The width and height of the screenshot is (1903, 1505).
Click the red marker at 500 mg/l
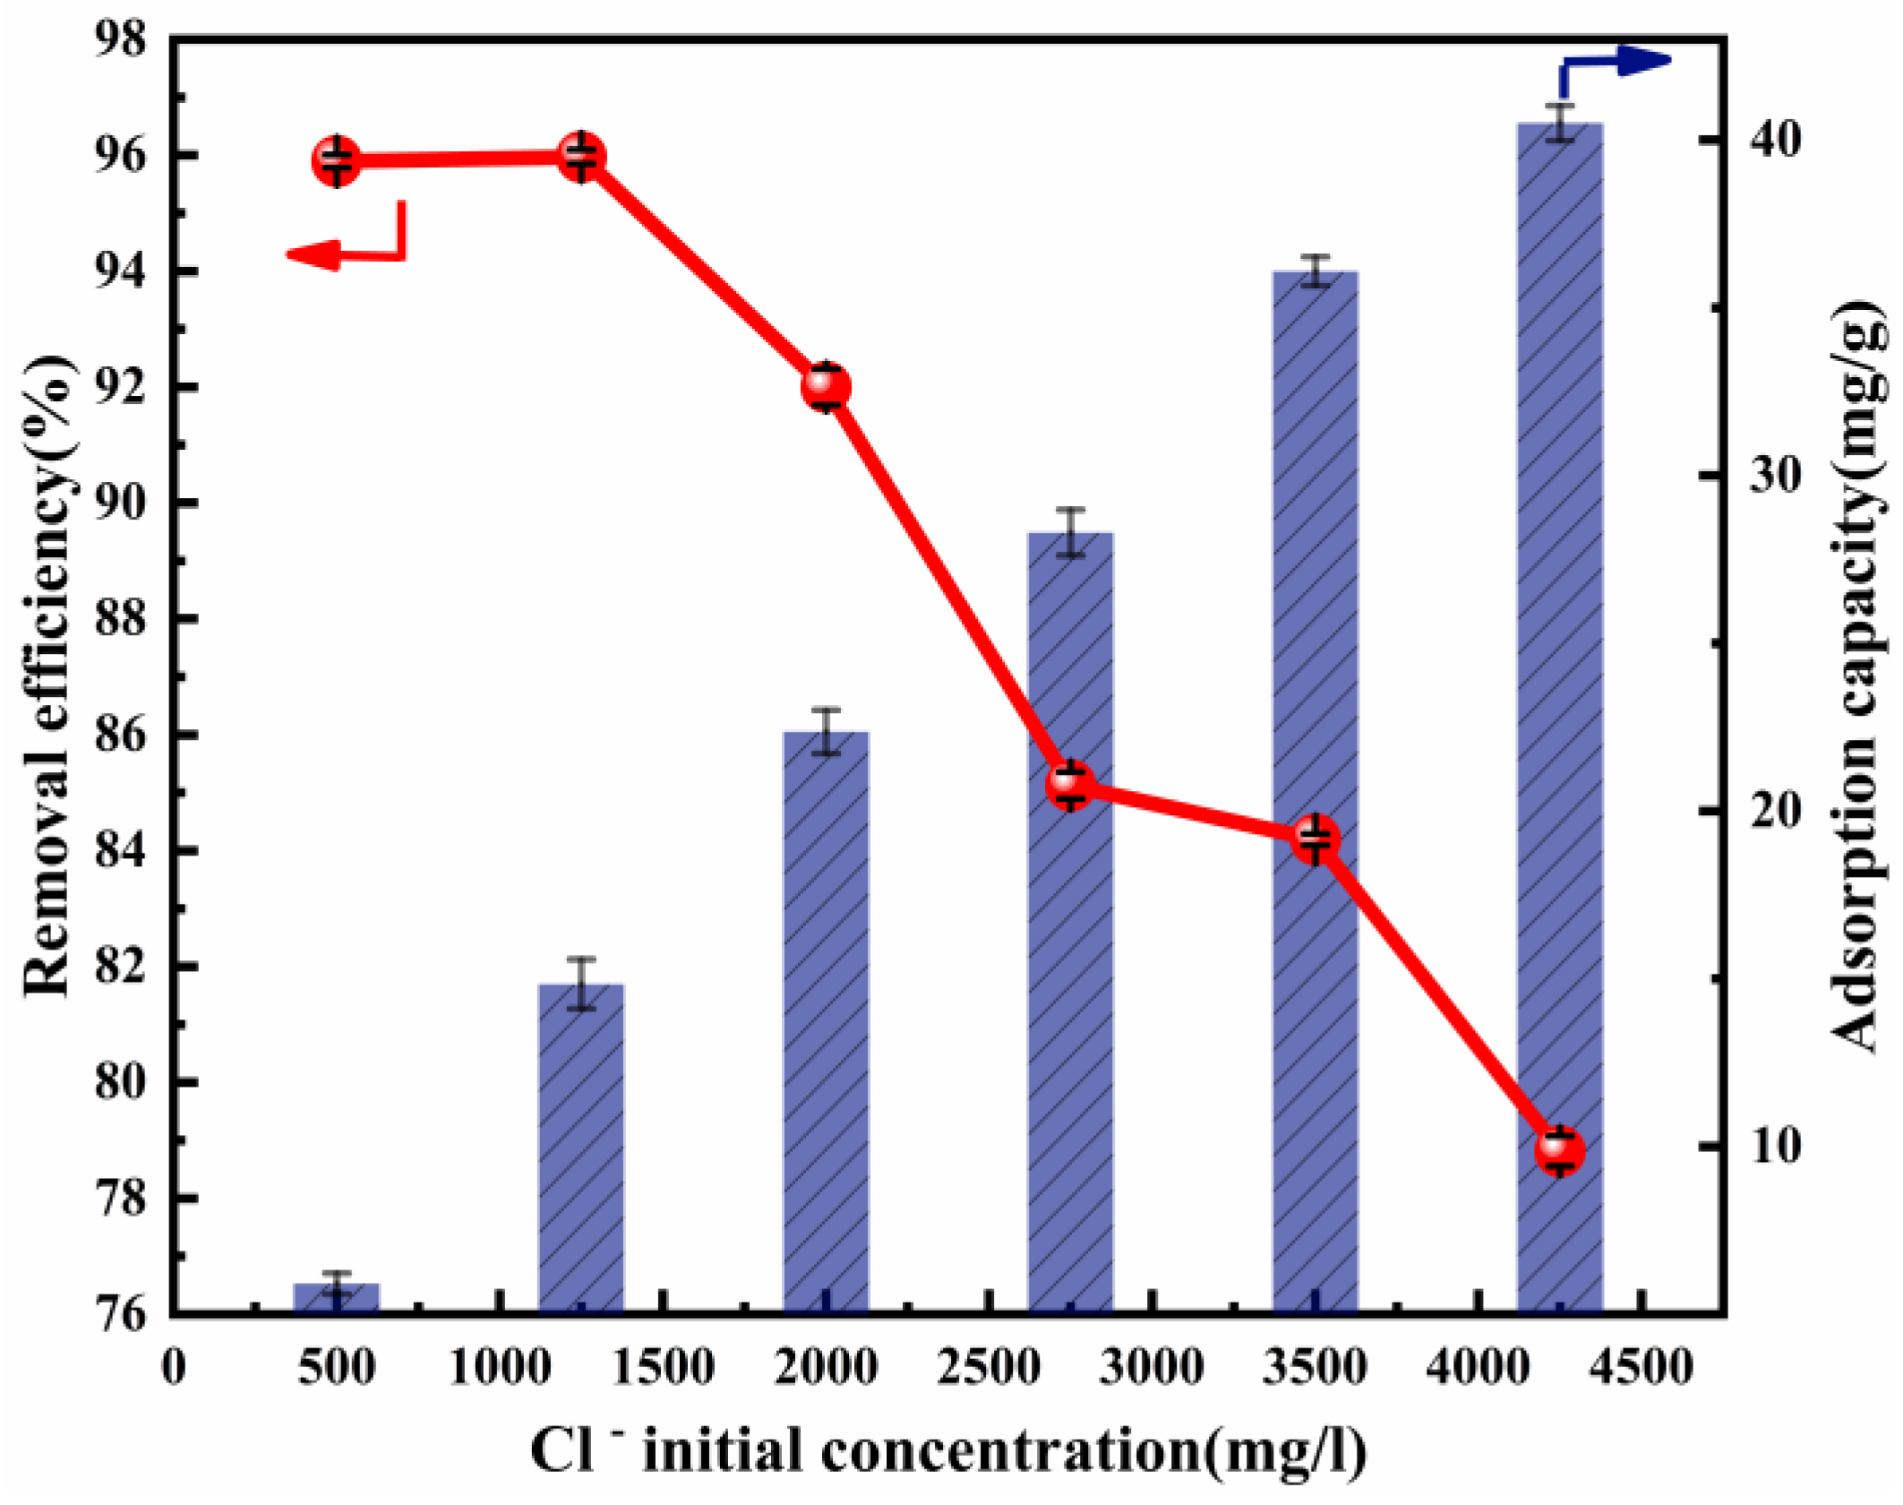pyautogui.click(x=337, y=161)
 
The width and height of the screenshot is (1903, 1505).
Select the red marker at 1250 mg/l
pyautogui.click(x=582, y=157)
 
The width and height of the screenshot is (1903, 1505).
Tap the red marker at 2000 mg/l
pyautogui.click(x=826, y=386)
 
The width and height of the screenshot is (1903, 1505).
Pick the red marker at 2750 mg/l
pyautogui.click(x=1070, y=786)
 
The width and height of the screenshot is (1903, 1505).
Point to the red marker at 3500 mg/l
pyautogui.click(x=1316, y=839)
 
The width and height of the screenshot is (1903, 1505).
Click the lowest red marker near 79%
pyautogui.click(x=1560, y=1150)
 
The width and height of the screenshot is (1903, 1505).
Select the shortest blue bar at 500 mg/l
pyautogui.click(x=337, y=1298)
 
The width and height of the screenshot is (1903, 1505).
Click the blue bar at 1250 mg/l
pyautogui.click(x=581, y=1147)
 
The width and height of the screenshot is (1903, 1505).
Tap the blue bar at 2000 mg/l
pyautogui.click(x=826, y=1021)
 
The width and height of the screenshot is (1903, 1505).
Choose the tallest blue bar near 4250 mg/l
pyautogui.click(x=1560, y=717)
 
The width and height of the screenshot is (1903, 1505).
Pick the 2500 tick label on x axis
pyautogui.click(x=989, y=1368)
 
